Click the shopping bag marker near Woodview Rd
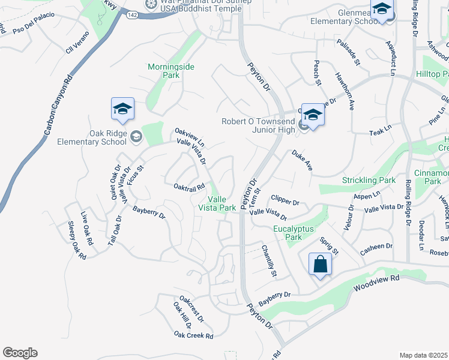(321, 265)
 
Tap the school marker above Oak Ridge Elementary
(122, 110)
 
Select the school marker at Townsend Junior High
(313, 114)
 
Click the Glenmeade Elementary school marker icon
(381, 10)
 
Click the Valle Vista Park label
(221, 203)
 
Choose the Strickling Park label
(369, 180)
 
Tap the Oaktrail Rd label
(190, 188)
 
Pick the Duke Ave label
(303, 160)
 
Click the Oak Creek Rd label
(194, 335)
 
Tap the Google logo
(20, 353)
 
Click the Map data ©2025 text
(423, 355)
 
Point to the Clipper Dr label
(285, 199)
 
